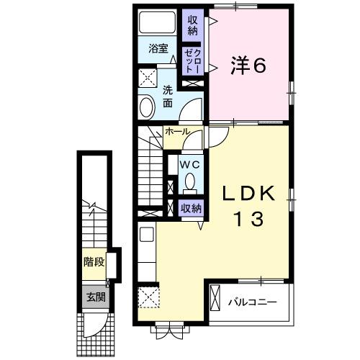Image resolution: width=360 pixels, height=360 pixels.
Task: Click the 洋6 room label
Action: [x=248, y=66]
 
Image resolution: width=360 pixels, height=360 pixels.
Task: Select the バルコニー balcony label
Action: [x=252, y=302]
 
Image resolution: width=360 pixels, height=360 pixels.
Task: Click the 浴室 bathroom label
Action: [x=158, y=49]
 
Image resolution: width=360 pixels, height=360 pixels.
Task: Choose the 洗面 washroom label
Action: [x=167, y=97]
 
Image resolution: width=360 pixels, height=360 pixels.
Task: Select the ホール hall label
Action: [x=177, y=132]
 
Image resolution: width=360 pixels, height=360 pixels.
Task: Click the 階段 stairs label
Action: [x=94, y=262]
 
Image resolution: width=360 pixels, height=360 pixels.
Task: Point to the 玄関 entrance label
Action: [x=94, y=296]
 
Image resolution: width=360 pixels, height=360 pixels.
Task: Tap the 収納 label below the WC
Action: [x=191, y=209]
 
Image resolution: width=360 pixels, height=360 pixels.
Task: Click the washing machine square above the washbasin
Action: [x=148, y=78]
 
